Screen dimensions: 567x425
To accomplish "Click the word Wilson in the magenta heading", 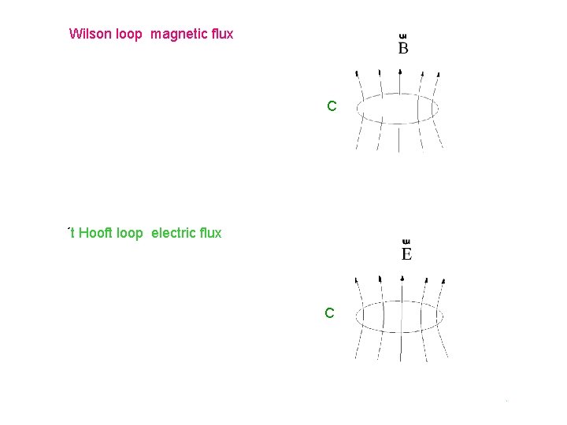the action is coord(89,34).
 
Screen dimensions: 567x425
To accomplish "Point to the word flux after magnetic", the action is coord(221,34).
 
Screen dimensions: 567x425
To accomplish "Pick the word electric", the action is coord(173,233).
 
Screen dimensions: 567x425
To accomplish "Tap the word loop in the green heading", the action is coord(130,233).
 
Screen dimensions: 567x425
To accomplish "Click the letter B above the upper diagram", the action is coord(403,49).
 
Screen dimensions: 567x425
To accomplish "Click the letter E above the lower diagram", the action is coord(406,253).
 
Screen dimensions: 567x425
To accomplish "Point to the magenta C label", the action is coord(332,105).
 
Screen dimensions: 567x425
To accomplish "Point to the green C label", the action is coord(330,313).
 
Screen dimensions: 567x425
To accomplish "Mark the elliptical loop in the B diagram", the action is coord(359,109).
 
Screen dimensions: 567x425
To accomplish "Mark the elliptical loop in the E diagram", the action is coord(356,319).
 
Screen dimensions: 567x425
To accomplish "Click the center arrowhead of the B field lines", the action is coord(401,69).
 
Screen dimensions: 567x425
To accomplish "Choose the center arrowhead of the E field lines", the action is coord(402,277).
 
